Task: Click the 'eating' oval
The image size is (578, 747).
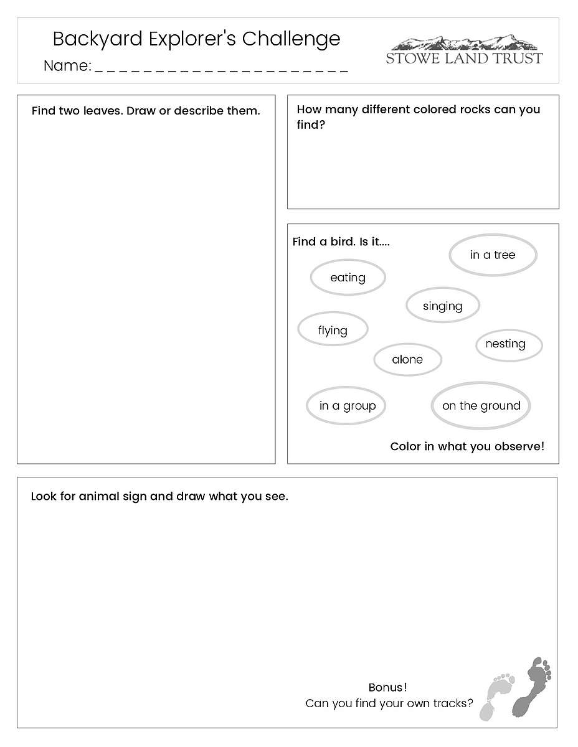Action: pyautogui.click(x=348, y=278)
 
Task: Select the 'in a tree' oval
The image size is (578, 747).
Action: pyautogui.click(x=493, y=255)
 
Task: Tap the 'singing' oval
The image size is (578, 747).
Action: pyautogui.click(x=443, y=306)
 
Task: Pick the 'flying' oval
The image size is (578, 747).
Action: pyautogui.click(x=333, y=330)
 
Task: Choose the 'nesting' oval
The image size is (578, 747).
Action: pyautogui.click(x=509, y=344)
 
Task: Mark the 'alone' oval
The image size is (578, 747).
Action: pyautogui.click(x=407, y=359)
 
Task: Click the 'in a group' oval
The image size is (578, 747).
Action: pyautogui.click(x=347, y=406)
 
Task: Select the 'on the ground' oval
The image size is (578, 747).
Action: pyautogui.click(x=481, y=406)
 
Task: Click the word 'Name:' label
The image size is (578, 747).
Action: pyautogui.click(x=67, y=66)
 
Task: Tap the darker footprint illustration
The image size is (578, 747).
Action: pyautogui.click(x=533, y=686)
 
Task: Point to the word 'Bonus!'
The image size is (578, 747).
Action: pyautogui.click(x=387, y=688)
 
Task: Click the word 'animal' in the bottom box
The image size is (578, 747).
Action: pyautogui.click(x=99, y=497)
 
